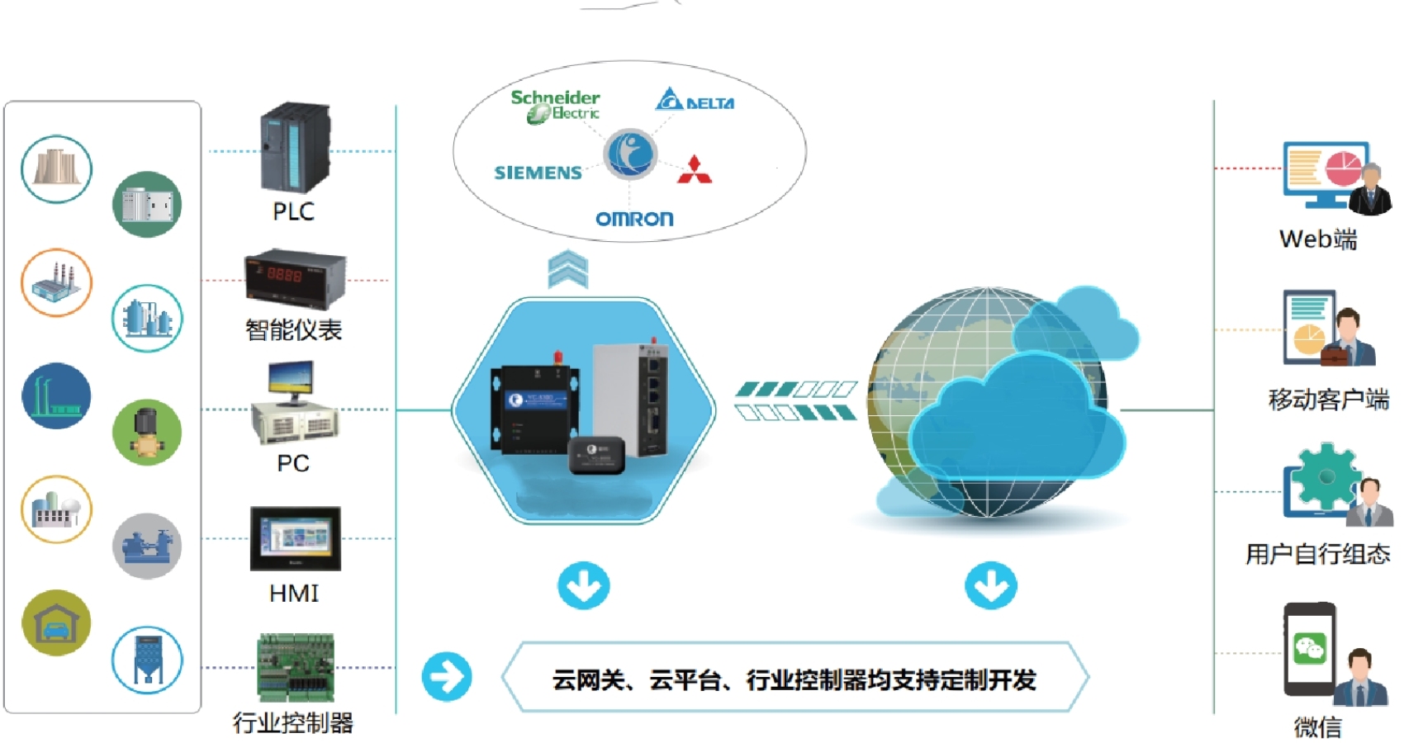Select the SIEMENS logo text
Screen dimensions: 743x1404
click(538, 173)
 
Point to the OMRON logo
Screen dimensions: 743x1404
click(634, 219)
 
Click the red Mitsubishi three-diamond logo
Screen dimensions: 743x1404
click(695, 170)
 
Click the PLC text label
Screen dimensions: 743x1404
click(293, 211)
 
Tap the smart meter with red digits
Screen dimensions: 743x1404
click(294, 277)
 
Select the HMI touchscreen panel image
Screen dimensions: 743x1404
click(295, 538)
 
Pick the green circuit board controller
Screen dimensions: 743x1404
click(296, 666)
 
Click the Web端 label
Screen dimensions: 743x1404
click(1318, 239)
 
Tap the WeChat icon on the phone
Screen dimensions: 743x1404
click(1310, 648)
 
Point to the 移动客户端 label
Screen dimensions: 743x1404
click(1328, 400)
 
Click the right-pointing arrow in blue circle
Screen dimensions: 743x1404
click(447, 677)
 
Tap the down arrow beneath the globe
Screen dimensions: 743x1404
click(990, 585)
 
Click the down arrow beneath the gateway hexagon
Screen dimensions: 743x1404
click(583, 585)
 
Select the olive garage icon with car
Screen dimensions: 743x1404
click(56, 622)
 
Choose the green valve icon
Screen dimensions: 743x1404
click(147, 432)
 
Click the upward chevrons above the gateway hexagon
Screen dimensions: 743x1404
click(568, 269)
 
